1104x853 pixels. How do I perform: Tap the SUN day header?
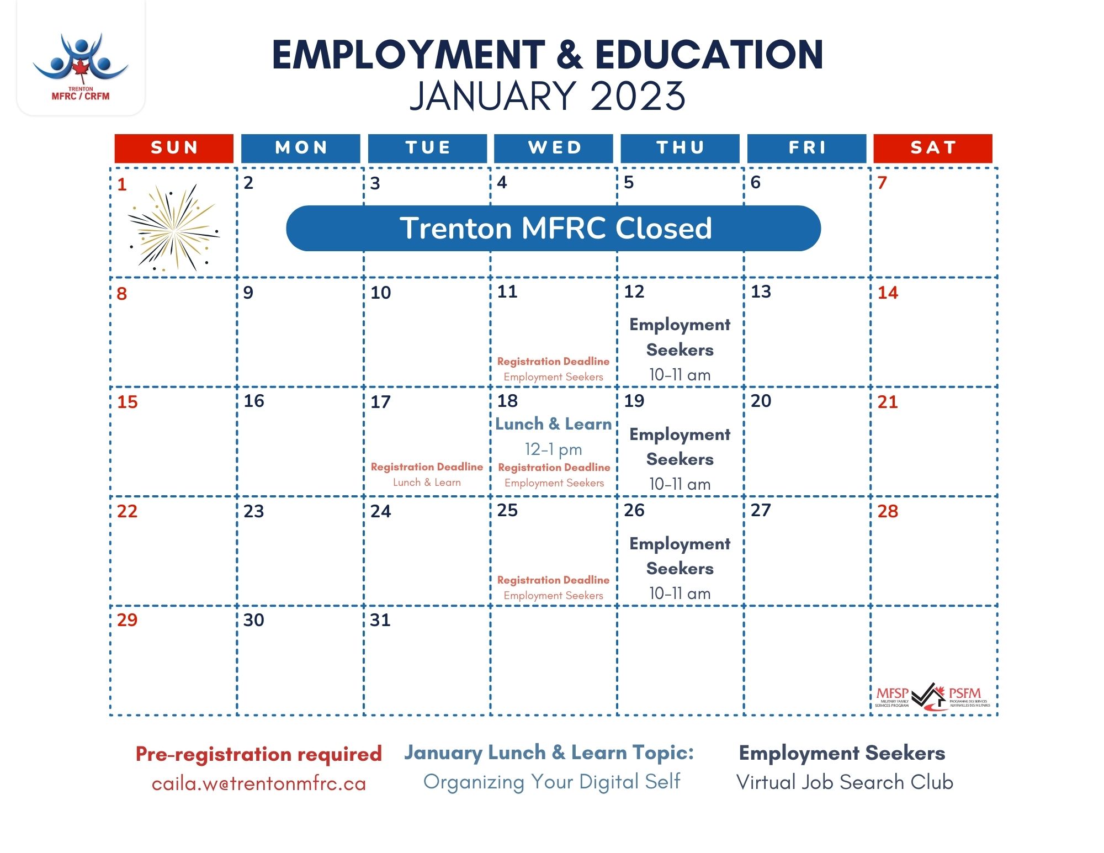174,147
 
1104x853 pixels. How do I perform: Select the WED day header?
554,147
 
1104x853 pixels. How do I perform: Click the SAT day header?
933,147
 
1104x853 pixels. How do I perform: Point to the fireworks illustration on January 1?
174,228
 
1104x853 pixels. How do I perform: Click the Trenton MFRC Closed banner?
554,228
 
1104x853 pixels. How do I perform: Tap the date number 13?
761,292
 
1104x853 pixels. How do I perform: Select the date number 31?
380,620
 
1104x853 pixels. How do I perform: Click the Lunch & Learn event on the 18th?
554,424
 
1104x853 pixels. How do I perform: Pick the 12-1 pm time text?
554,449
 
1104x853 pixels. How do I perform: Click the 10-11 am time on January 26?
680,594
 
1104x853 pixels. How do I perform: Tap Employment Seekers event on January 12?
680,337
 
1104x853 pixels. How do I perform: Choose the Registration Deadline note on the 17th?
427,467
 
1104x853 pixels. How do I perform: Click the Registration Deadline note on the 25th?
554,580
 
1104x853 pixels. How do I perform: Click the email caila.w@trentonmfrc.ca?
259,783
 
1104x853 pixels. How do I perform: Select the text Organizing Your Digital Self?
552,782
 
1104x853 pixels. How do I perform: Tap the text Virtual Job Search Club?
845,782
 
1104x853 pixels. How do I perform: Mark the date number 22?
127,511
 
